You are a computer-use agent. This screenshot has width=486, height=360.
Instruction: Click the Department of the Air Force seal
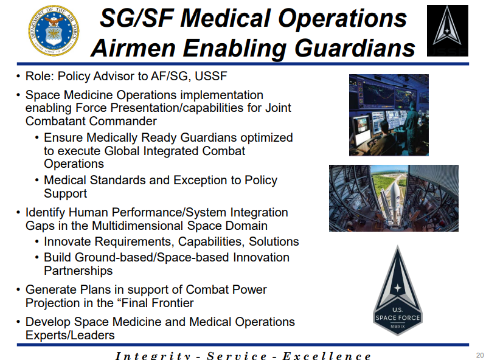pos(54,30)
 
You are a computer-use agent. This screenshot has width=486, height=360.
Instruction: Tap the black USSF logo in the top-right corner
pos(447,30)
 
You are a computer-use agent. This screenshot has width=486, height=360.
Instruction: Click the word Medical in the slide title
pos(226,18)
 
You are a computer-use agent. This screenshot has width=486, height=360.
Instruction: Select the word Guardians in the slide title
pos(355,48)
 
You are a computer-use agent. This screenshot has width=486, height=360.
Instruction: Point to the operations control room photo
pos(389,115)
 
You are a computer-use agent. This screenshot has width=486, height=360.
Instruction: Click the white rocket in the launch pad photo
pos(393,201)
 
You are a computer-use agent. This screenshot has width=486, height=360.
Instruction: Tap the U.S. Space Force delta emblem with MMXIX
pos(397,291)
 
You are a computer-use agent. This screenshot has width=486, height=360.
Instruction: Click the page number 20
pos(480,355)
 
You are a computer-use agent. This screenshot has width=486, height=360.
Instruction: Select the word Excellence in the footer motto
pos(327,356)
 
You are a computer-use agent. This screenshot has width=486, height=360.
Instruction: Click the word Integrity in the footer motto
pos(153,356)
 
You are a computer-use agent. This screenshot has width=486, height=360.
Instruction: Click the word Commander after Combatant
pos(123,121)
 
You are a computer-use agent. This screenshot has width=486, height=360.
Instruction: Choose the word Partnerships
pos(78,271)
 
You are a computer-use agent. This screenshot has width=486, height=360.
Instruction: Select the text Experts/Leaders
pos(70,335)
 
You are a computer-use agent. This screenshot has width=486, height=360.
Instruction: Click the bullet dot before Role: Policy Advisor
pos(19,77)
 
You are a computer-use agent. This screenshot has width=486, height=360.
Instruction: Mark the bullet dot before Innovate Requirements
pos(37,242)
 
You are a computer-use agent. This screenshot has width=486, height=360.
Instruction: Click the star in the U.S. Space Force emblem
pos(397,288)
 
